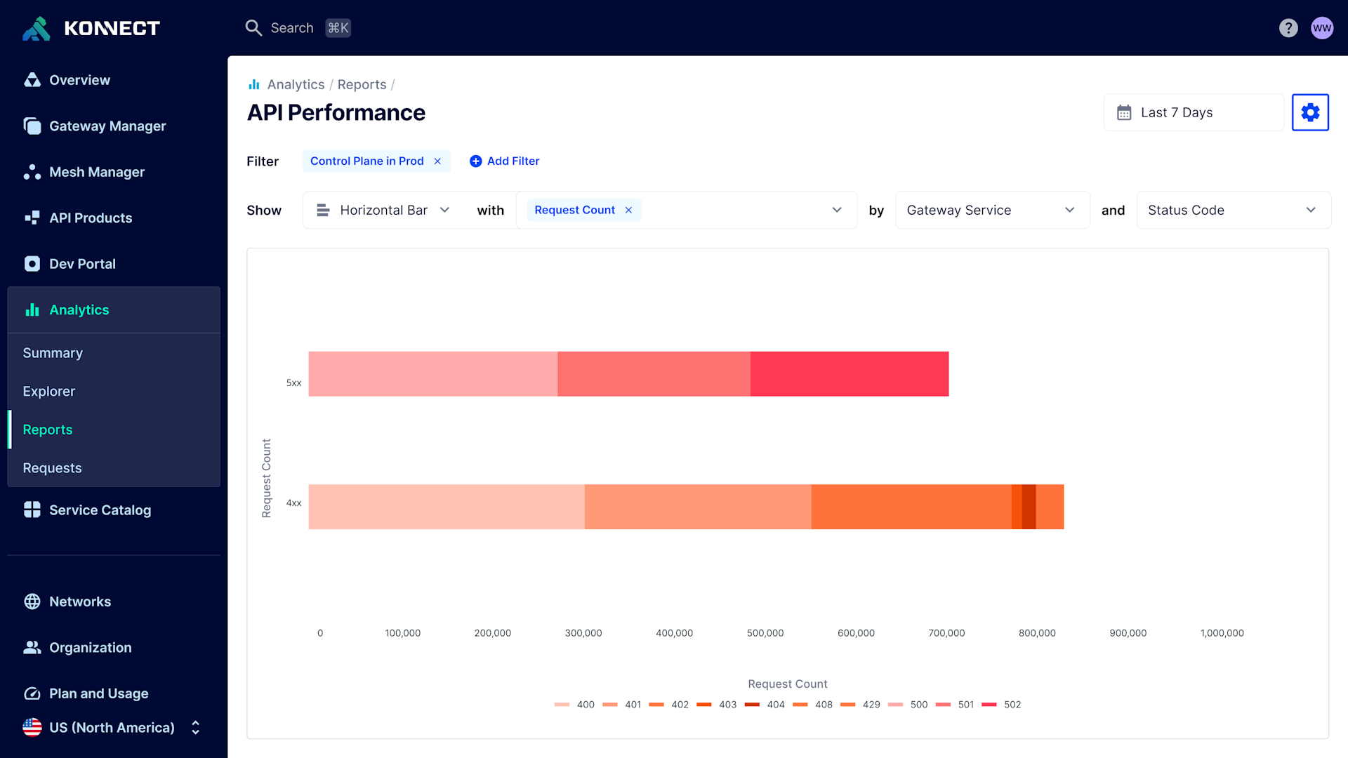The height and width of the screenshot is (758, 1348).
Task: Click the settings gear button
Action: [1310, 112]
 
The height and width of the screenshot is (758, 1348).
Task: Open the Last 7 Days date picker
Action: [1193, 112]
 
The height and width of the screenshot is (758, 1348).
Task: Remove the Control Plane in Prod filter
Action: [437, 161]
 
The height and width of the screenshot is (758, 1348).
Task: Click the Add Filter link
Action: [505, 161]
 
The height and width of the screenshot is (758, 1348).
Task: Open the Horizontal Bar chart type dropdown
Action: [383, 210]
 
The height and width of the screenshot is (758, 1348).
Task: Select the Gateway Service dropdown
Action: [991, 210]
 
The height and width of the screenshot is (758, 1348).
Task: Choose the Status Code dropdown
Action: [1232, 210]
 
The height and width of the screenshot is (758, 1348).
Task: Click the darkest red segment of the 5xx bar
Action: [849, 374]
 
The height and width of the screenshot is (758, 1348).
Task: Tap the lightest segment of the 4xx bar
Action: [446, 507]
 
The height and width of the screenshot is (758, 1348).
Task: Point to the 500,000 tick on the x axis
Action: [765, 633]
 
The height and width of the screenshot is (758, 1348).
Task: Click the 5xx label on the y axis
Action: [293, 383]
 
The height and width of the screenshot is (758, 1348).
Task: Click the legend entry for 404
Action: [765, 705]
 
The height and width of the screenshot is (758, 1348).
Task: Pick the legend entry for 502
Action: [1002, 705]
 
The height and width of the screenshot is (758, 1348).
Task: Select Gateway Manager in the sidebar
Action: [107, 126]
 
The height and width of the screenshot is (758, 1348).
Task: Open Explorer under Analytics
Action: [48, 392]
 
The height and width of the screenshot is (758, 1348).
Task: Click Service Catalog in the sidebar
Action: [100, 510]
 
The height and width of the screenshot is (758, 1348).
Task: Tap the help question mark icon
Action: [1288, 28]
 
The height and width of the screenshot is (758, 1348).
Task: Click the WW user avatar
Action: [1322, 28]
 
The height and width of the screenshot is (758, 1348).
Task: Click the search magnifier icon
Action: [253, 28]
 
